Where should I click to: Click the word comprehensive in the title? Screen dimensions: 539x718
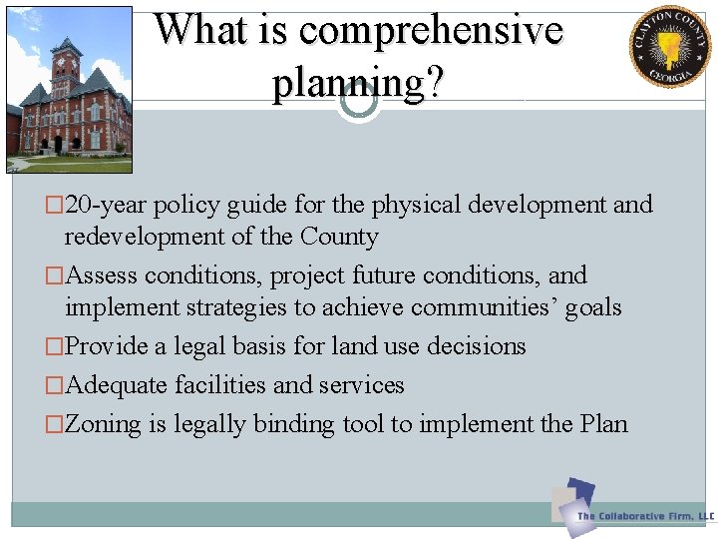click(x=431, y=31)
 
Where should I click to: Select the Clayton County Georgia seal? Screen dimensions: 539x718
click(x=669, y=47)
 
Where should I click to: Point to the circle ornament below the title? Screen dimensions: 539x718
click(x=358, y=101)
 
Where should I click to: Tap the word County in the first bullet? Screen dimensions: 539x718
click(x=341, y=238)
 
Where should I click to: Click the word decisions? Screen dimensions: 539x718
click(x=476, y=346)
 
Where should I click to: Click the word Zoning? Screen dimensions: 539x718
click(x=104, y=424)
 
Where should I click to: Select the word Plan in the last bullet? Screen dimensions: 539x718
click(x=603, y=424)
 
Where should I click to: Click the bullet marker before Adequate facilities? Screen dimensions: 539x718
click(x=57, y=385)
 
